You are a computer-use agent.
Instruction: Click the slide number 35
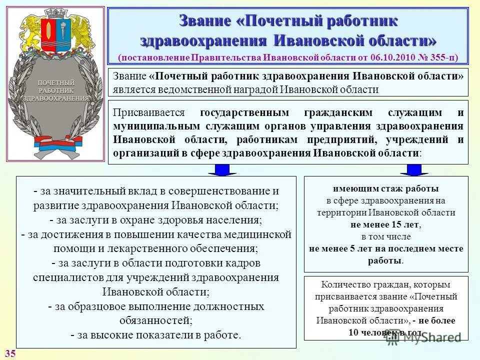(x=10, y=353)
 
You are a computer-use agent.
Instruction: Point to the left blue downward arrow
(x=221, y=170)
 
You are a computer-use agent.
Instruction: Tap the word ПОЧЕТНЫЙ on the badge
(x=56, y=82)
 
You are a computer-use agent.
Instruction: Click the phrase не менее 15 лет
(x=386, y=224)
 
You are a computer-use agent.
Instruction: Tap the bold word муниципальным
(x=153, y=126)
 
